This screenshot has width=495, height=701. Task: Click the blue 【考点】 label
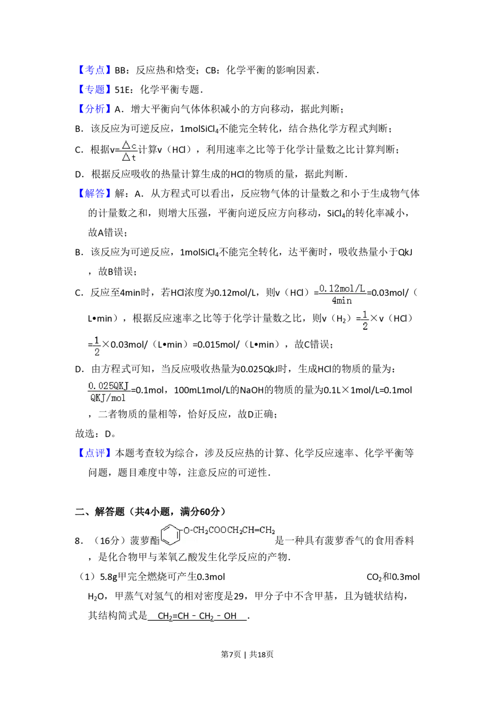tap(95, 69)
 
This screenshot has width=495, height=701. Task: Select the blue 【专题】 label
tap(95, 89)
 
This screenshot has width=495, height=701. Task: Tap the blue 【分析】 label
tap(95, 109)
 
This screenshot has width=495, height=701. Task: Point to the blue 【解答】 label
tap(95, 193)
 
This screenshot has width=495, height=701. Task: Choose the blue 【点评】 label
tap(95, 454)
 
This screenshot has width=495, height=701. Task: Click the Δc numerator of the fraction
tap(129, 145)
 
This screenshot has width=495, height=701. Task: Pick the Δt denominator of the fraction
tap(129, 157)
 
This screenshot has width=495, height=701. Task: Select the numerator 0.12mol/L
tap(342, 288)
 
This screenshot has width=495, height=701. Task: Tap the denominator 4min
tap(342, 300)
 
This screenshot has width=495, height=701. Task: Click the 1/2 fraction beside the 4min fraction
tap(365, 320)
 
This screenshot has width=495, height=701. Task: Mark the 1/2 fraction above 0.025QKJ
tap(97, 346)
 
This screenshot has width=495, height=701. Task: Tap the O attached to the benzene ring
tap(187, 530)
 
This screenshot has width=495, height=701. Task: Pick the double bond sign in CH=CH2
tap(256, 530)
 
